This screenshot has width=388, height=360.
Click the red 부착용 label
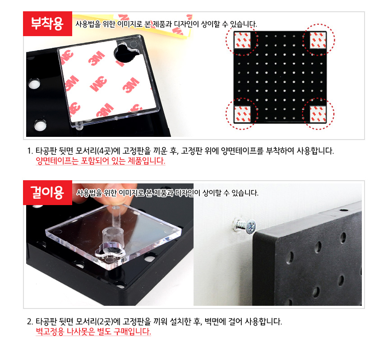[47, 23]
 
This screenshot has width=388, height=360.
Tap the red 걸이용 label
[47, 192]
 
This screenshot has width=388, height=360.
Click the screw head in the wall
[250, 226]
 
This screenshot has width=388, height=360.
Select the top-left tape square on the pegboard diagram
[242, 40]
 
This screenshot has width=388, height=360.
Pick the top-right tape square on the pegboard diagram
[318, 40]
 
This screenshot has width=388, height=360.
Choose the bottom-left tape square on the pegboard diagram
[242, 114]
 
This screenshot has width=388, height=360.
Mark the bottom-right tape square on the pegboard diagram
[318, 114]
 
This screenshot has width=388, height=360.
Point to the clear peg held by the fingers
[115, 215]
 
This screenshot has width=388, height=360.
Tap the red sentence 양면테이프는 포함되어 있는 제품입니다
[101, 161]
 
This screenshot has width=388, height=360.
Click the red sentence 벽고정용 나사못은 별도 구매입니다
[93, 332]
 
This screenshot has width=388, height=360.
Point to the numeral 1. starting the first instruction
[30, 151]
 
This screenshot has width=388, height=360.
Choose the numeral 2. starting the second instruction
[30, 322]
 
